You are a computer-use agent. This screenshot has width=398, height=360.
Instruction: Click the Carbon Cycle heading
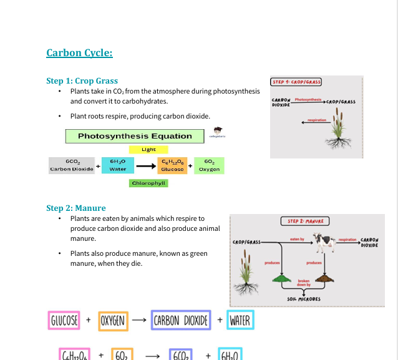[79, 53]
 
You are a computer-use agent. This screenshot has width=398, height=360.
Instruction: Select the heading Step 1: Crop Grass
[82, 81]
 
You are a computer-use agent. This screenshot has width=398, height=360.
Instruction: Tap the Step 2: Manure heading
[76, 208]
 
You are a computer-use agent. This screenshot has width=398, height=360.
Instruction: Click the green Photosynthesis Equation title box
[135, 136]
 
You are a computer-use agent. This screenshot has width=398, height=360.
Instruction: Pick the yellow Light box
[148, 150]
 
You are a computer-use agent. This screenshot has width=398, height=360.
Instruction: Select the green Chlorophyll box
[148, 183]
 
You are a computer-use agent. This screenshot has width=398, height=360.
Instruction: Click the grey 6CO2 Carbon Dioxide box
[71, 165]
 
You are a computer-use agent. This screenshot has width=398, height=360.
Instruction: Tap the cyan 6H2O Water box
[118, 165]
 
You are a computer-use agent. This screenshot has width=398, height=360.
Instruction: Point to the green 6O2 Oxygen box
[209, 165]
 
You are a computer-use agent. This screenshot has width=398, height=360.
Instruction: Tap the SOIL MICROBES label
[304, 299]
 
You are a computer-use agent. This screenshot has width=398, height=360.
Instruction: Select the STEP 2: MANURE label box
[305, 221]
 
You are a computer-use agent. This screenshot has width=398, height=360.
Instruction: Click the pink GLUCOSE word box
[64, 321]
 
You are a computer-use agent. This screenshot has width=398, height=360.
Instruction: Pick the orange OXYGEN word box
[113, 321]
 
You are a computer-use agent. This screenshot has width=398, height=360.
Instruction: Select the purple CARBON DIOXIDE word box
[181, 321]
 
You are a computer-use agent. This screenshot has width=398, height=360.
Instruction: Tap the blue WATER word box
[240, 321]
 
